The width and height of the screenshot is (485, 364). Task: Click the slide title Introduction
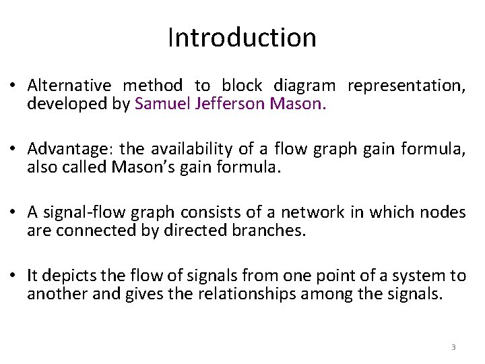click(242, 38)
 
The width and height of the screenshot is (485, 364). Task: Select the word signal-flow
click(77, 213)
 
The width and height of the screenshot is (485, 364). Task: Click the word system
click(422, 276)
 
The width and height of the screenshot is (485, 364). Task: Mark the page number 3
click(453, 347)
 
